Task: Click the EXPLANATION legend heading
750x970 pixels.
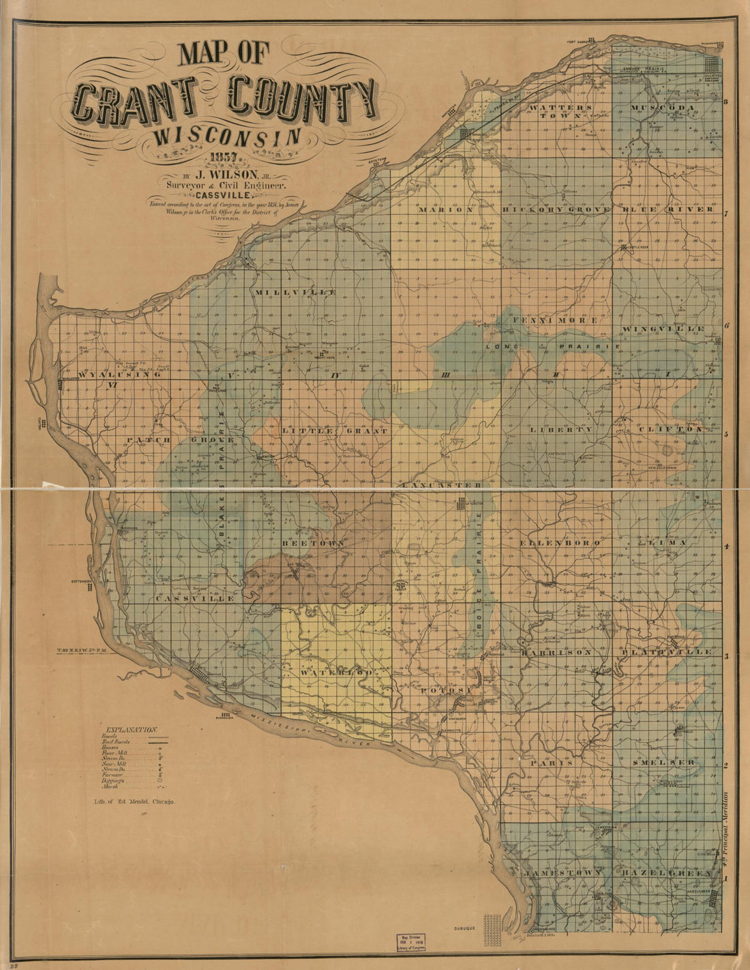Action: point(129,729)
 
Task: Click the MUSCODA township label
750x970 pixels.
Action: point(662,108)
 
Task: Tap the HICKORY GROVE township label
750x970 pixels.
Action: point(556,209)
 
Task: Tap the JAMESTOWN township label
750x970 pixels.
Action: point(563,872)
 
